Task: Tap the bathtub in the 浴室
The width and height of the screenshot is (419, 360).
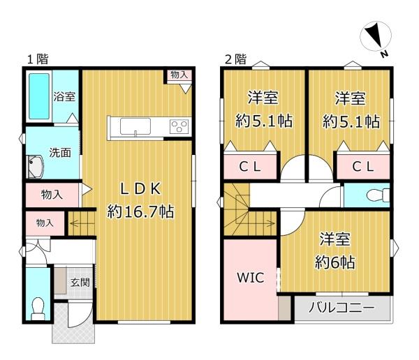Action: coord(39,96)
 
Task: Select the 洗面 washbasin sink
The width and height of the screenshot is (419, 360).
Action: coord(36,167)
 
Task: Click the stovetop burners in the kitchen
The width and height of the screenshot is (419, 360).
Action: coord(179,126)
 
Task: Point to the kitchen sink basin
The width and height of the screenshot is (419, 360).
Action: coord(135,126)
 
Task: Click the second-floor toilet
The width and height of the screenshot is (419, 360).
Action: coord(378,195)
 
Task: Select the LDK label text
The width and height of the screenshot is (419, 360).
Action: coord(140,189)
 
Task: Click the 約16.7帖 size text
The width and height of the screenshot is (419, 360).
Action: coord(140,211)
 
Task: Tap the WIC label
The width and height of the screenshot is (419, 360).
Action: coord(251,278)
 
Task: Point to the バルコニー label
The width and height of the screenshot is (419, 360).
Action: coord(341,308)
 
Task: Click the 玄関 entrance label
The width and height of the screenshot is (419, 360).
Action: coord(80,283)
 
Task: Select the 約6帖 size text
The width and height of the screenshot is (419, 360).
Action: coord(335,262)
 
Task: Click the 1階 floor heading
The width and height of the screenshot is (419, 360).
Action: coord(38,59)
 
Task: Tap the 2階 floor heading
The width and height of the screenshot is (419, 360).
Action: coord(235,59)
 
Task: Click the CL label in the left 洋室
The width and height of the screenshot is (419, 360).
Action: coord(249,167)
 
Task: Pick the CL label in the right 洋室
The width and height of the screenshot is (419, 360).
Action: coord(362,167)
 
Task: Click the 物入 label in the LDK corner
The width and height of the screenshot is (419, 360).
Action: coord(179,75)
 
